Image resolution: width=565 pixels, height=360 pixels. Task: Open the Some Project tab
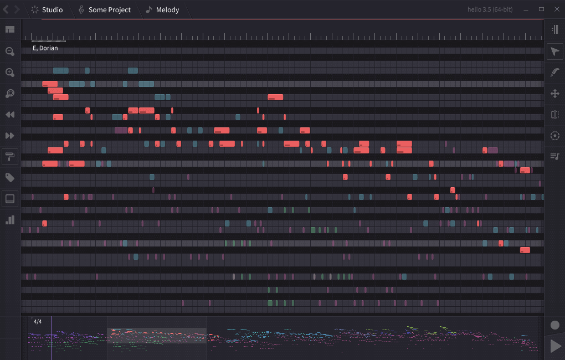point(105,10)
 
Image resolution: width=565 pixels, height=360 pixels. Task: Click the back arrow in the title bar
point(6,9)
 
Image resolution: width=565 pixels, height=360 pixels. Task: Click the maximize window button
point(541,9)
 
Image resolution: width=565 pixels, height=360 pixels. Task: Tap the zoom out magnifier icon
point(10,52)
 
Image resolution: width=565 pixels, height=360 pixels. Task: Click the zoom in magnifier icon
point(10,73)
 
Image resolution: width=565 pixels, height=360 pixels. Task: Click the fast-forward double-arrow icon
point(10,136)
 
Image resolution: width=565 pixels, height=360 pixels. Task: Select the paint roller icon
point(10,157)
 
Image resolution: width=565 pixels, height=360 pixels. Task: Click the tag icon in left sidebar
point(10,178)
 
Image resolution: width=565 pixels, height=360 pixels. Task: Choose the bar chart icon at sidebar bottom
point(10,220)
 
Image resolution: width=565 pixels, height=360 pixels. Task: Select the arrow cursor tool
point(555,52)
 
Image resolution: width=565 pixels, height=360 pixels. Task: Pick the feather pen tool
point(555,73)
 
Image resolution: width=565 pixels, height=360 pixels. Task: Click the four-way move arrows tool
point(555,94)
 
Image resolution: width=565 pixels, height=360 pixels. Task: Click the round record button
point(555,325)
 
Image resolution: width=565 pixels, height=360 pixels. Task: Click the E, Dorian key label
point(45,48)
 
